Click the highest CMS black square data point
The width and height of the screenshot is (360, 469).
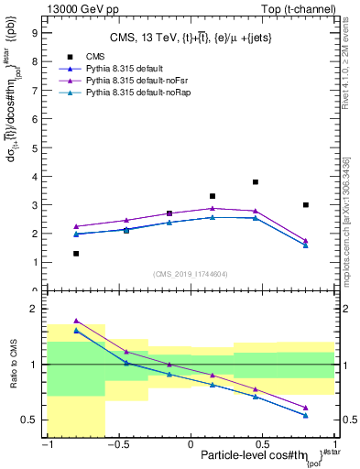(x=256, y=182)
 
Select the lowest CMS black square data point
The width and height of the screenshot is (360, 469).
(x=76, y=254)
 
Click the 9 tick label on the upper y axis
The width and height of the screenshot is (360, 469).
(x=35, y=31)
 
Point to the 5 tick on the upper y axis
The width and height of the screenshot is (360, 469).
(x=35, y=147)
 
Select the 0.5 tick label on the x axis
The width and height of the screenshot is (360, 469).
(x=264, y=444)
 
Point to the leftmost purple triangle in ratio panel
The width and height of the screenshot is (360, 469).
(x=76, y=321)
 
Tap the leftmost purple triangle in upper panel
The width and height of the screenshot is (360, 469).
(x=76, y=226)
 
